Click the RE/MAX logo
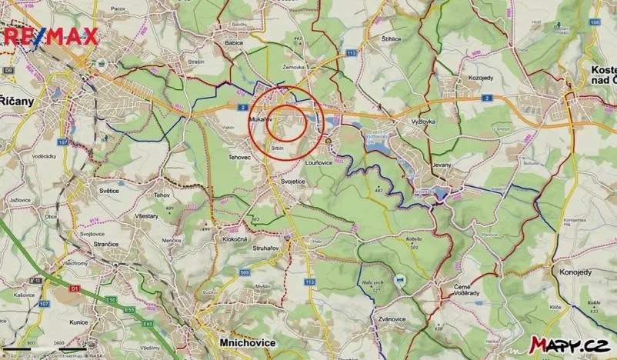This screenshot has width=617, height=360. coord(50,35)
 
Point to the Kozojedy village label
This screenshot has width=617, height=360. coord(481,78)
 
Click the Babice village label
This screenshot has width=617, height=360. coord(234,43)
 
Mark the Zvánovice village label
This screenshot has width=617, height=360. coord(392,318)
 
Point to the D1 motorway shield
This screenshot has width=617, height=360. coord(75,288)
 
